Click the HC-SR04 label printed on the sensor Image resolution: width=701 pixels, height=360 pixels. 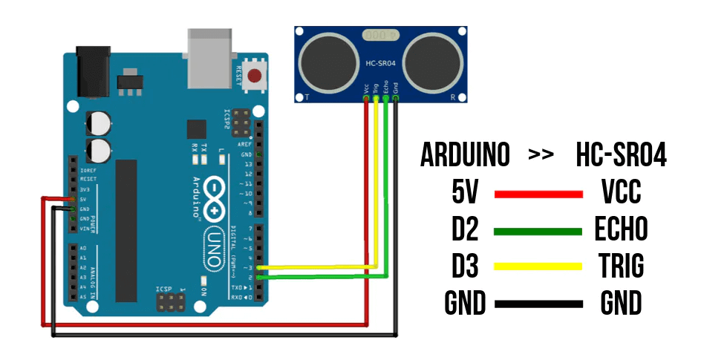pyautogui.click(x=381, y=64)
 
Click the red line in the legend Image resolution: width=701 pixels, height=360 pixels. pyautogui.click(x=538, y=194)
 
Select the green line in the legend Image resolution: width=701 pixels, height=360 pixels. pyautogui.click(x=538, y=231)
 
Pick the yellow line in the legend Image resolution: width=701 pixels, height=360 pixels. pyautogui.click(x=538, y=266)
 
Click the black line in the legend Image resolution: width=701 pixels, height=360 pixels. pyautogui.click(x=538, y=303)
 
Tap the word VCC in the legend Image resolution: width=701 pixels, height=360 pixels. pyautogui.click(x=620, y=194)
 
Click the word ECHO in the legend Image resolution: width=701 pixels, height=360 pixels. pyautogui.click(x=620, y=231)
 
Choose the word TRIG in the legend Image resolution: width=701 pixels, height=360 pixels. pyautogui.click(x=620, y=266)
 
